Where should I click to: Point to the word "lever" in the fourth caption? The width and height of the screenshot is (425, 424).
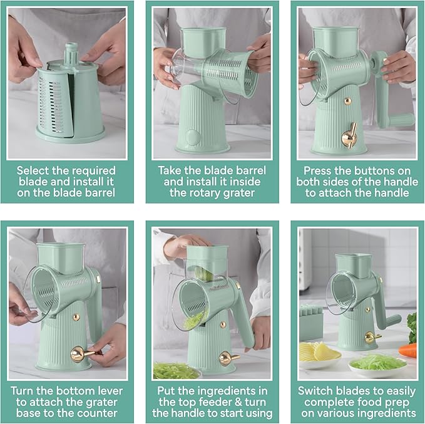(x=109, y=391)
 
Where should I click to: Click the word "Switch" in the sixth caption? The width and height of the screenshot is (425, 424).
(x=315, y=391)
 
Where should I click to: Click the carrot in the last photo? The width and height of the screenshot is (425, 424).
(x=407, y=349)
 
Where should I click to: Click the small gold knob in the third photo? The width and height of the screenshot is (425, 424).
(x=348, y=102)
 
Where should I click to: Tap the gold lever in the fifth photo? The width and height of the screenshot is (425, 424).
(x=228, y=358)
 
